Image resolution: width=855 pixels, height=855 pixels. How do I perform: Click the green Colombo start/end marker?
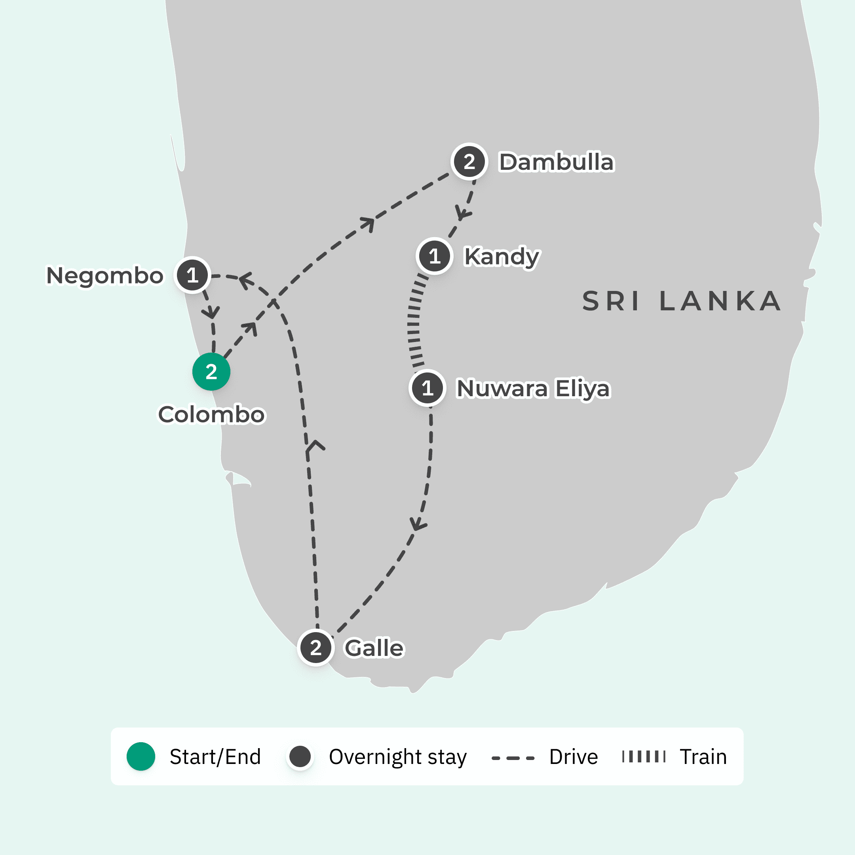coord(211,372)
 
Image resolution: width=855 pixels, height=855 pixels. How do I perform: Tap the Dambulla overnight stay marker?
coord(469,161)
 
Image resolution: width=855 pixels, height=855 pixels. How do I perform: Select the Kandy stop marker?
coord(434,256)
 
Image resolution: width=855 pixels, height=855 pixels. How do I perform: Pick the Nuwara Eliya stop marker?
coord(427,388)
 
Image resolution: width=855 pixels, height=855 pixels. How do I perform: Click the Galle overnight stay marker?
coord(315,648)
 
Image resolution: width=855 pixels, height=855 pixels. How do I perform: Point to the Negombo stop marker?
coord(192,275)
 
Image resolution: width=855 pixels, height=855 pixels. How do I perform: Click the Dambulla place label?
coord(556,162)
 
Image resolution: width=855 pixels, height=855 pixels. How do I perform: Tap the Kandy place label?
coord(502,256)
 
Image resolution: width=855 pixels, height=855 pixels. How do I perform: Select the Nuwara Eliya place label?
coord(533,389)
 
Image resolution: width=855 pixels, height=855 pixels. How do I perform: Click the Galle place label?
coord(374,648)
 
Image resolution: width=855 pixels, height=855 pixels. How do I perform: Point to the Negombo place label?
coord(105,276)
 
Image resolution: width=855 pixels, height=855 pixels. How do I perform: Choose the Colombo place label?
coord(211,415)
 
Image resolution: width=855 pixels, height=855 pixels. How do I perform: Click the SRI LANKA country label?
coord(682,301)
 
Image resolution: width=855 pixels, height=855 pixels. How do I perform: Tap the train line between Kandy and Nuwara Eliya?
coord(414,323)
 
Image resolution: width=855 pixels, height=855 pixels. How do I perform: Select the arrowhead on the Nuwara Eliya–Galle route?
coord(418,524)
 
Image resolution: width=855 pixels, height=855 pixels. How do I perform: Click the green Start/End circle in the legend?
coord(141,756)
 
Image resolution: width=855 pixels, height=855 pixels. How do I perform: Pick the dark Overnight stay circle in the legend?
coord(300,756)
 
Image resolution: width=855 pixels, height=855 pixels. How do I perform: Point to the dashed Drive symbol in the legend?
coord(513,758)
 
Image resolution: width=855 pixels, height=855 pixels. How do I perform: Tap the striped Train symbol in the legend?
coord(644,757)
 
